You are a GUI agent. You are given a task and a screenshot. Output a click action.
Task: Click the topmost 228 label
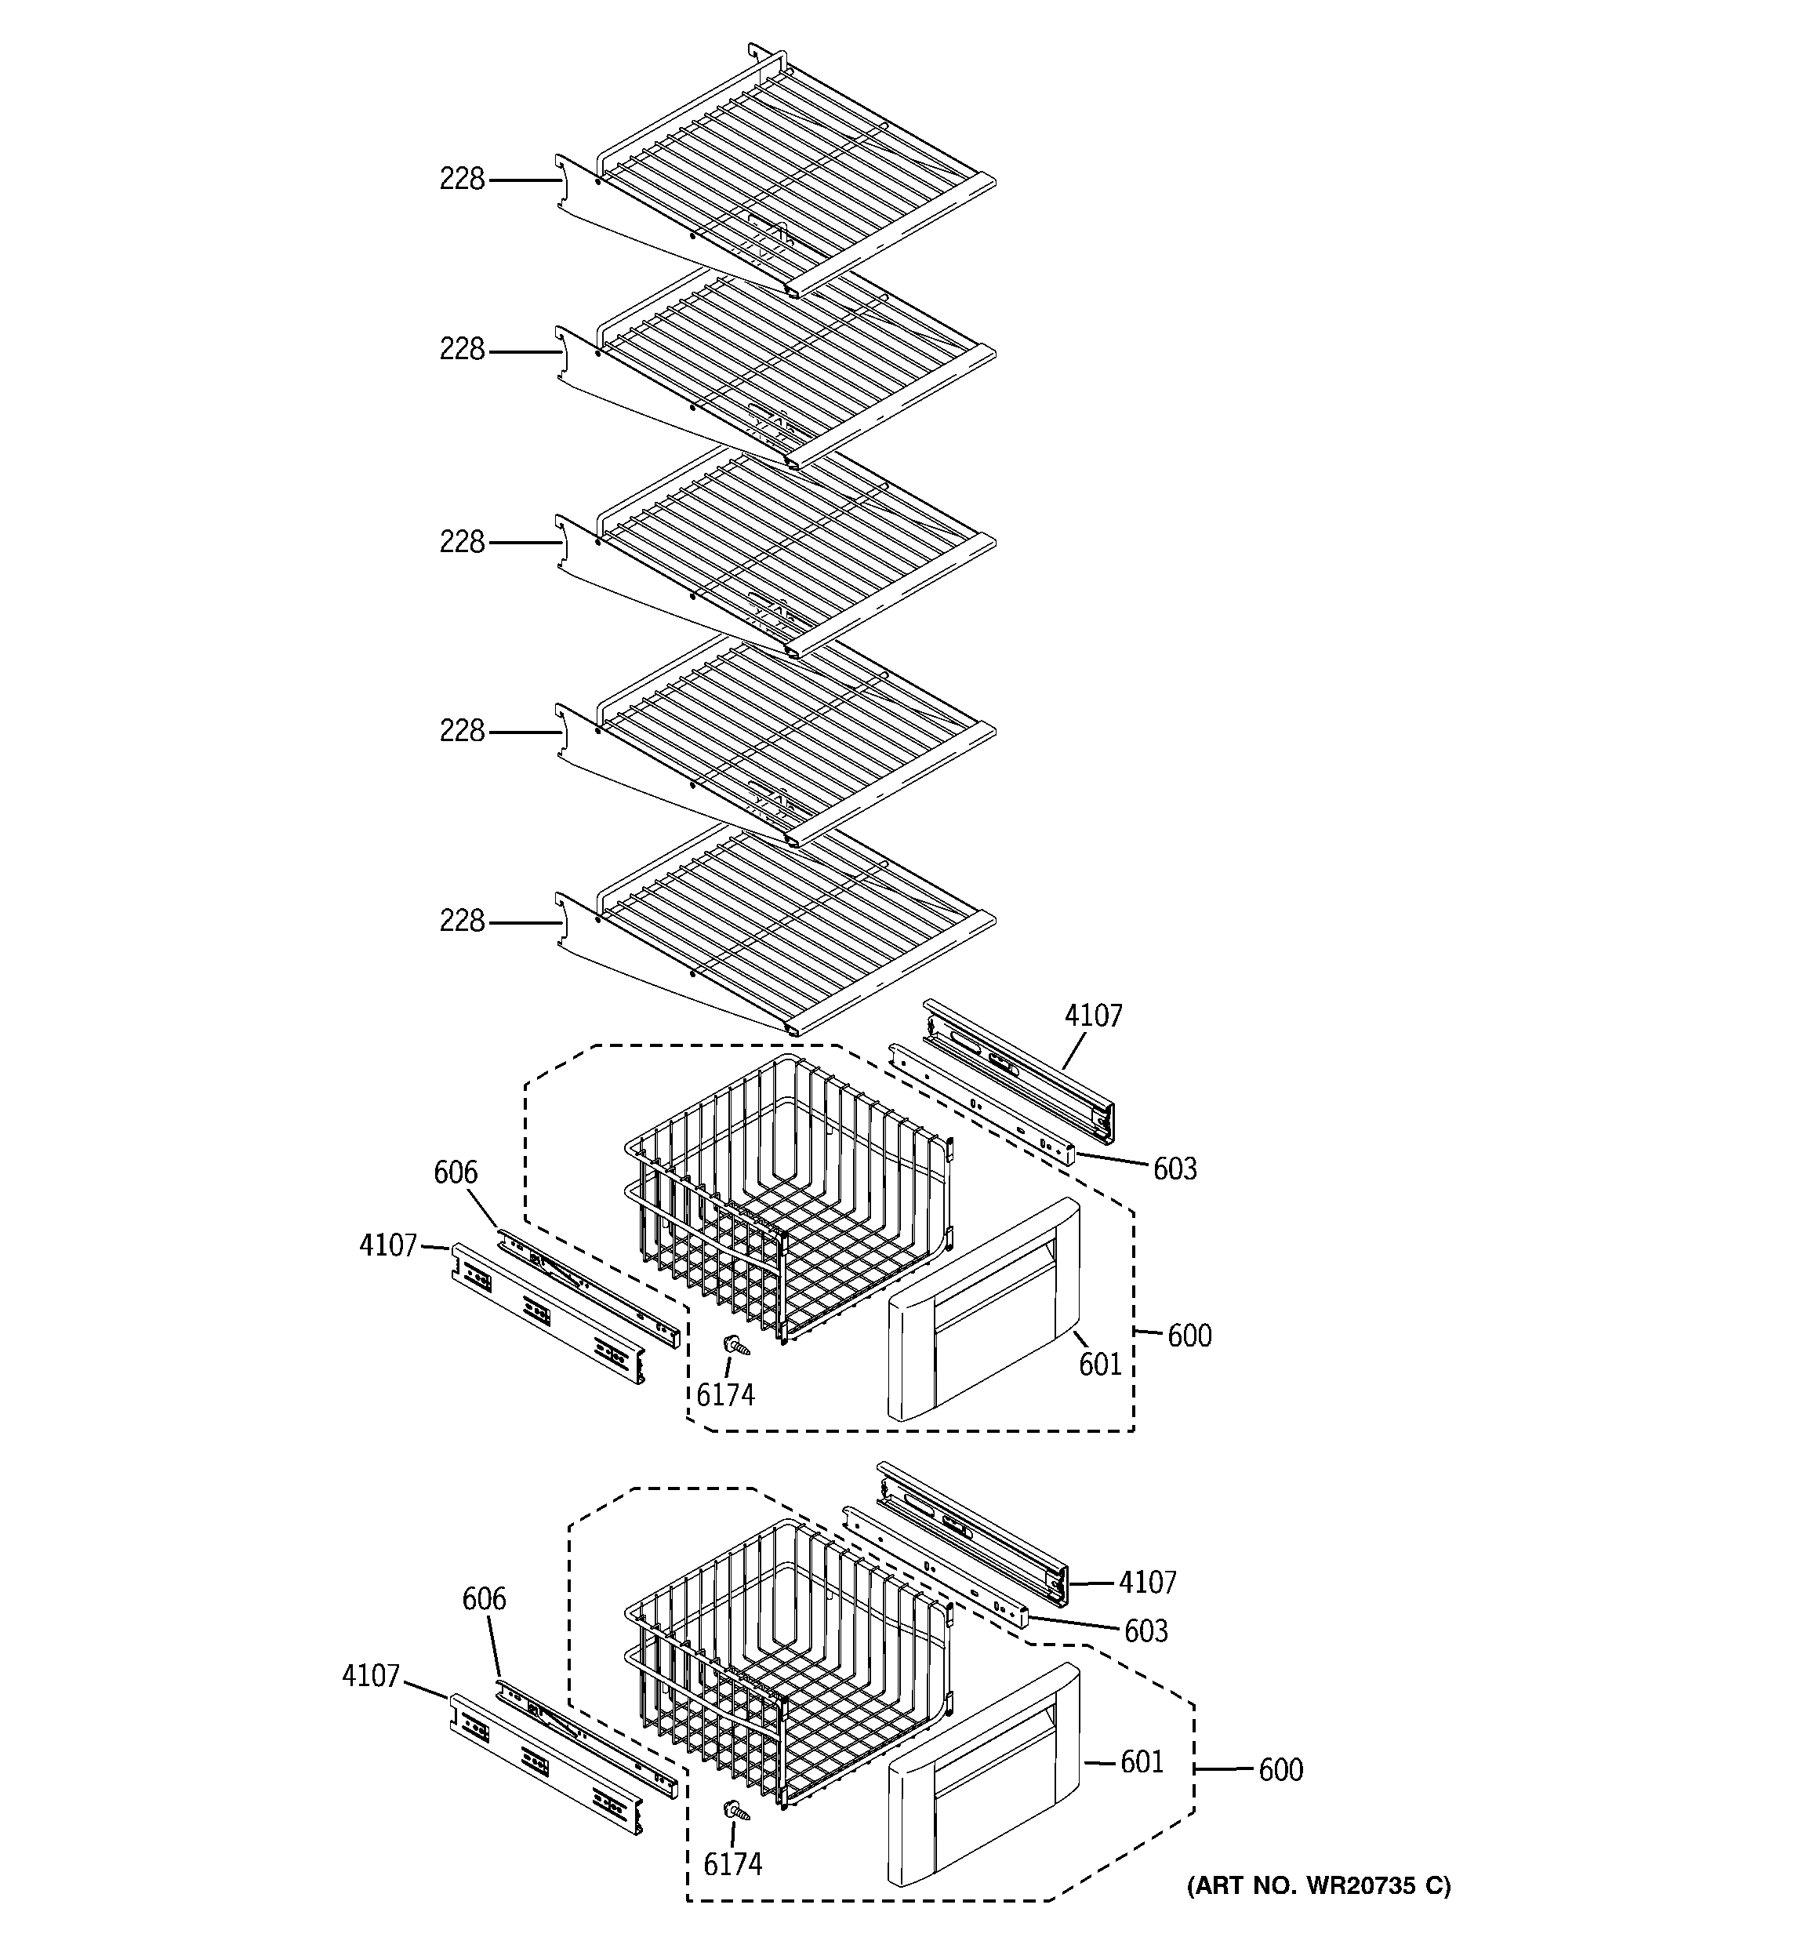(x=461, y=180)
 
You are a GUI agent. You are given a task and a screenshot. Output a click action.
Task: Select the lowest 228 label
(x=461, y=921)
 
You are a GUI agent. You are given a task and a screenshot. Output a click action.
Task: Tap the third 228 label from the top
(x=461, y=543)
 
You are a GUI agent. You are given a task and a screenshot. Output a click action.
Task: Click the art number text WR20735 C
(x=1318, y=1885)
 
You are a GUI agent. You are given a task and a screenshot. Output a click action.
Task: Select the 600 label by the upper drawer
(x=1189, y=1336)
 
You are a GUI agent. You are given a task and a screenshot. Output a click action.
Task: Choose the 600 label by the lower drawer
(x=1280, y=1770)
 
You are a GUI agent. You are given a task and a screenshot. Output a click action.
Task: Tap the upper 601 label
(x=1100, y=1365)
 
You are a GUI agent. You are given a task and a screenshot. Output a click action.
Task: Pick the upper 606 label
(x=456, y=1172)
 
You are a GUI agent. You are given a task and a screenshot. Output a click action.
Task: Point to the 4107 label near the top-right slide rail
(x=1094, y=1016)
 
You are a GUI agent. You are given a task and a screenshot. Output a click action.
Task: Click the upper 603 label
(x=1175, y=1169)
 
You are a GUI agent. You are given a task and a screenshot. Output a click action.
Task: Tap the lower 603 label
(x=1145, y=1631)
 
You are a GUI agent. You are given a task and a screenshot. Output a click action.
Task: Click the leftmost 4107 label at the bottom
(x=371, y=1677)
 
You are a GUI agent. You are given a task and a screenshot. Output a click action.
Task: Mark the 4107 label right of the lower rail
(x=1147, y=1583)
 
